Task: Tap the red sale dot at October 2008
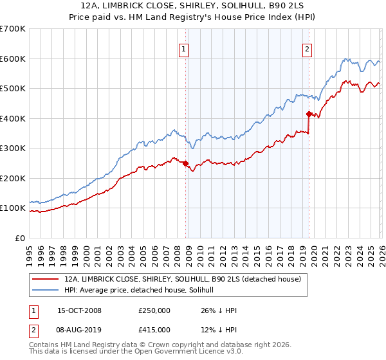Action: (186, 163)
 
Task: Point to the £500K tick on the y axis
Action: (13, 89)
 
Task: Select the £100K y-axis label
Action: (13, 208)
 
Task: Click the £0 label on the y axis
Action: (19, 239)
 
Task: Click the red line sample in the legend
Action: (46, 280)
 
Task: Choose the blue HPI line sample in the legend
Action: (46, 291)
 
